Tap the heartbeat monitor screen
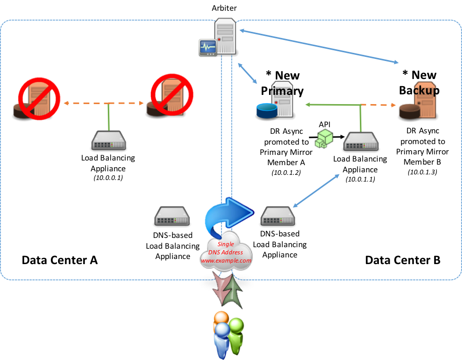[x=208, y=47]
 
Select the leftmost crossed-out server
[x=39, y=98]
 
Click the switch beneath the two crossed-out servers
[x=108, y=141]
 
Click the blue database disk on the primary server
[x=266, y=110]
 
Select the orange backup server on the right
[x=425, y=100]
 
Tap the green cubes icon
[x=324, y=138]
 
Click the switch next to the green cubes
[x=361, y=141]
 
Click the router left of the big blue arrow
[x=172, y=216]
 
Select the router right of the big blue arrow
[x=278, y=216]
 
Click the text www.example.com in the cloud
[x=226, y=261]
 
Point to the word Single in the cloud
[x=226, y=244]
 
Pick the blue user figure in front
[x=222, y=339]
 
